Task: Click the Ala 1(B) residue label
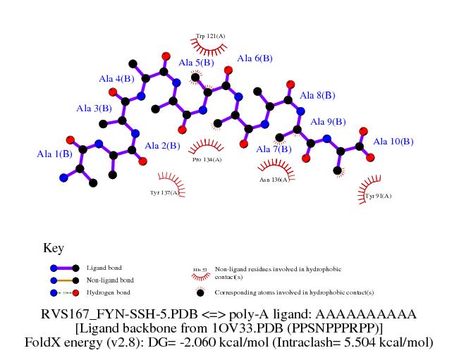(x=54, y=153)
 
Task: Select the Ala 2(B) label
(x=162, y=146)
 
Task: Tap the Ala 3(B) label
(x=94, y=108)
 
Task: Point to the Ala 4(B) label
(x=116, y=79)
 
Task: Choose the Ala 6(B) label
(x=255, y=58)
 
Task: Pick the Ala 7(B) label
(x=274, y=149)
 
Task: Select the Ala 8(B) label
(x=317, y=95)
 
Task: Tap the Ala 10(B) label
(x=393, y=142)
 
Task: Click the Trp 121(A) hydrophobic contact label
(x=210, y=35)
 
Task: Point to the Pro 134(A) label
(x=207, y=160)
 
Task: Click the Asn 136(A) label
(x=274, y=180)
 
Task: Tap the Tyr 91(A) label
(x=378, y=196)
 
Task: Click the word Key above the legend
(x=54, y=248)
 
